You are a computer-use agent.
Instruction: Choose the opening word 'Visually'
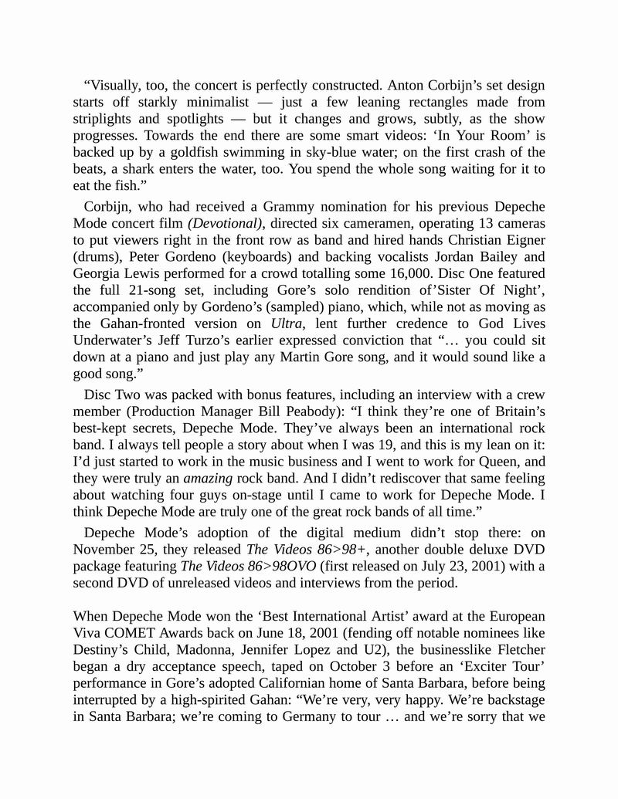[118, 85]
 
